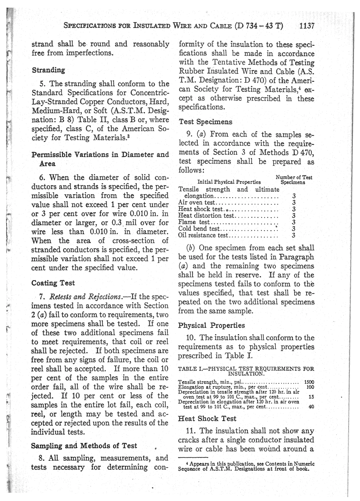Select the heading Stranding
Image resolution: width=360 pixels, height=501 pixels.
click(x=48, y=70)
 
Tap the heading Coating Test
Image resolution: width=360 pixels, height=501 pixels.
click(x=53, y=283)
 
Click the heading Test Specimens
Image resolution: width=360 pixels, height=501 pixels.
click(x=205, y=122)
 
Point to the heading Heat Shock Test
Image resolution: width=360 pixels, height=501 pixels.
click(x=207, y=419)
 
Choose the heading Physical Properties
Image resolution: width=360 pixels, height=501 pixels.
click(x=211, y=325)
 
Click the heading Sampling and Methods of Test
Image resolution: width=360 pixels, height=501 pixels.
click(x=84, y=446)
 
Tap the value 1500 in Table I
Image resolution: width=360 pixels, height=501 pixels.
click(x=309, y=382)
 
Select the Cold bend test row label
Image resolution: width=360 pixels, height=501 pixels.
click(x=199, y=229)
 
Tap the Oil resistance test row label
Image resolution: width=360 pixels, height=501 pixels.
click(x=203, y=235)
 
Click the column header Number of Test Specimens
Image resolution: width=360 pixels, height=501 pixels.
click(x=294, y=179)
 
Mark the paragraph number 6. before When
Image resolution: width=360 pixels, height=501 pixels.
click(x=42, y=177)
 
